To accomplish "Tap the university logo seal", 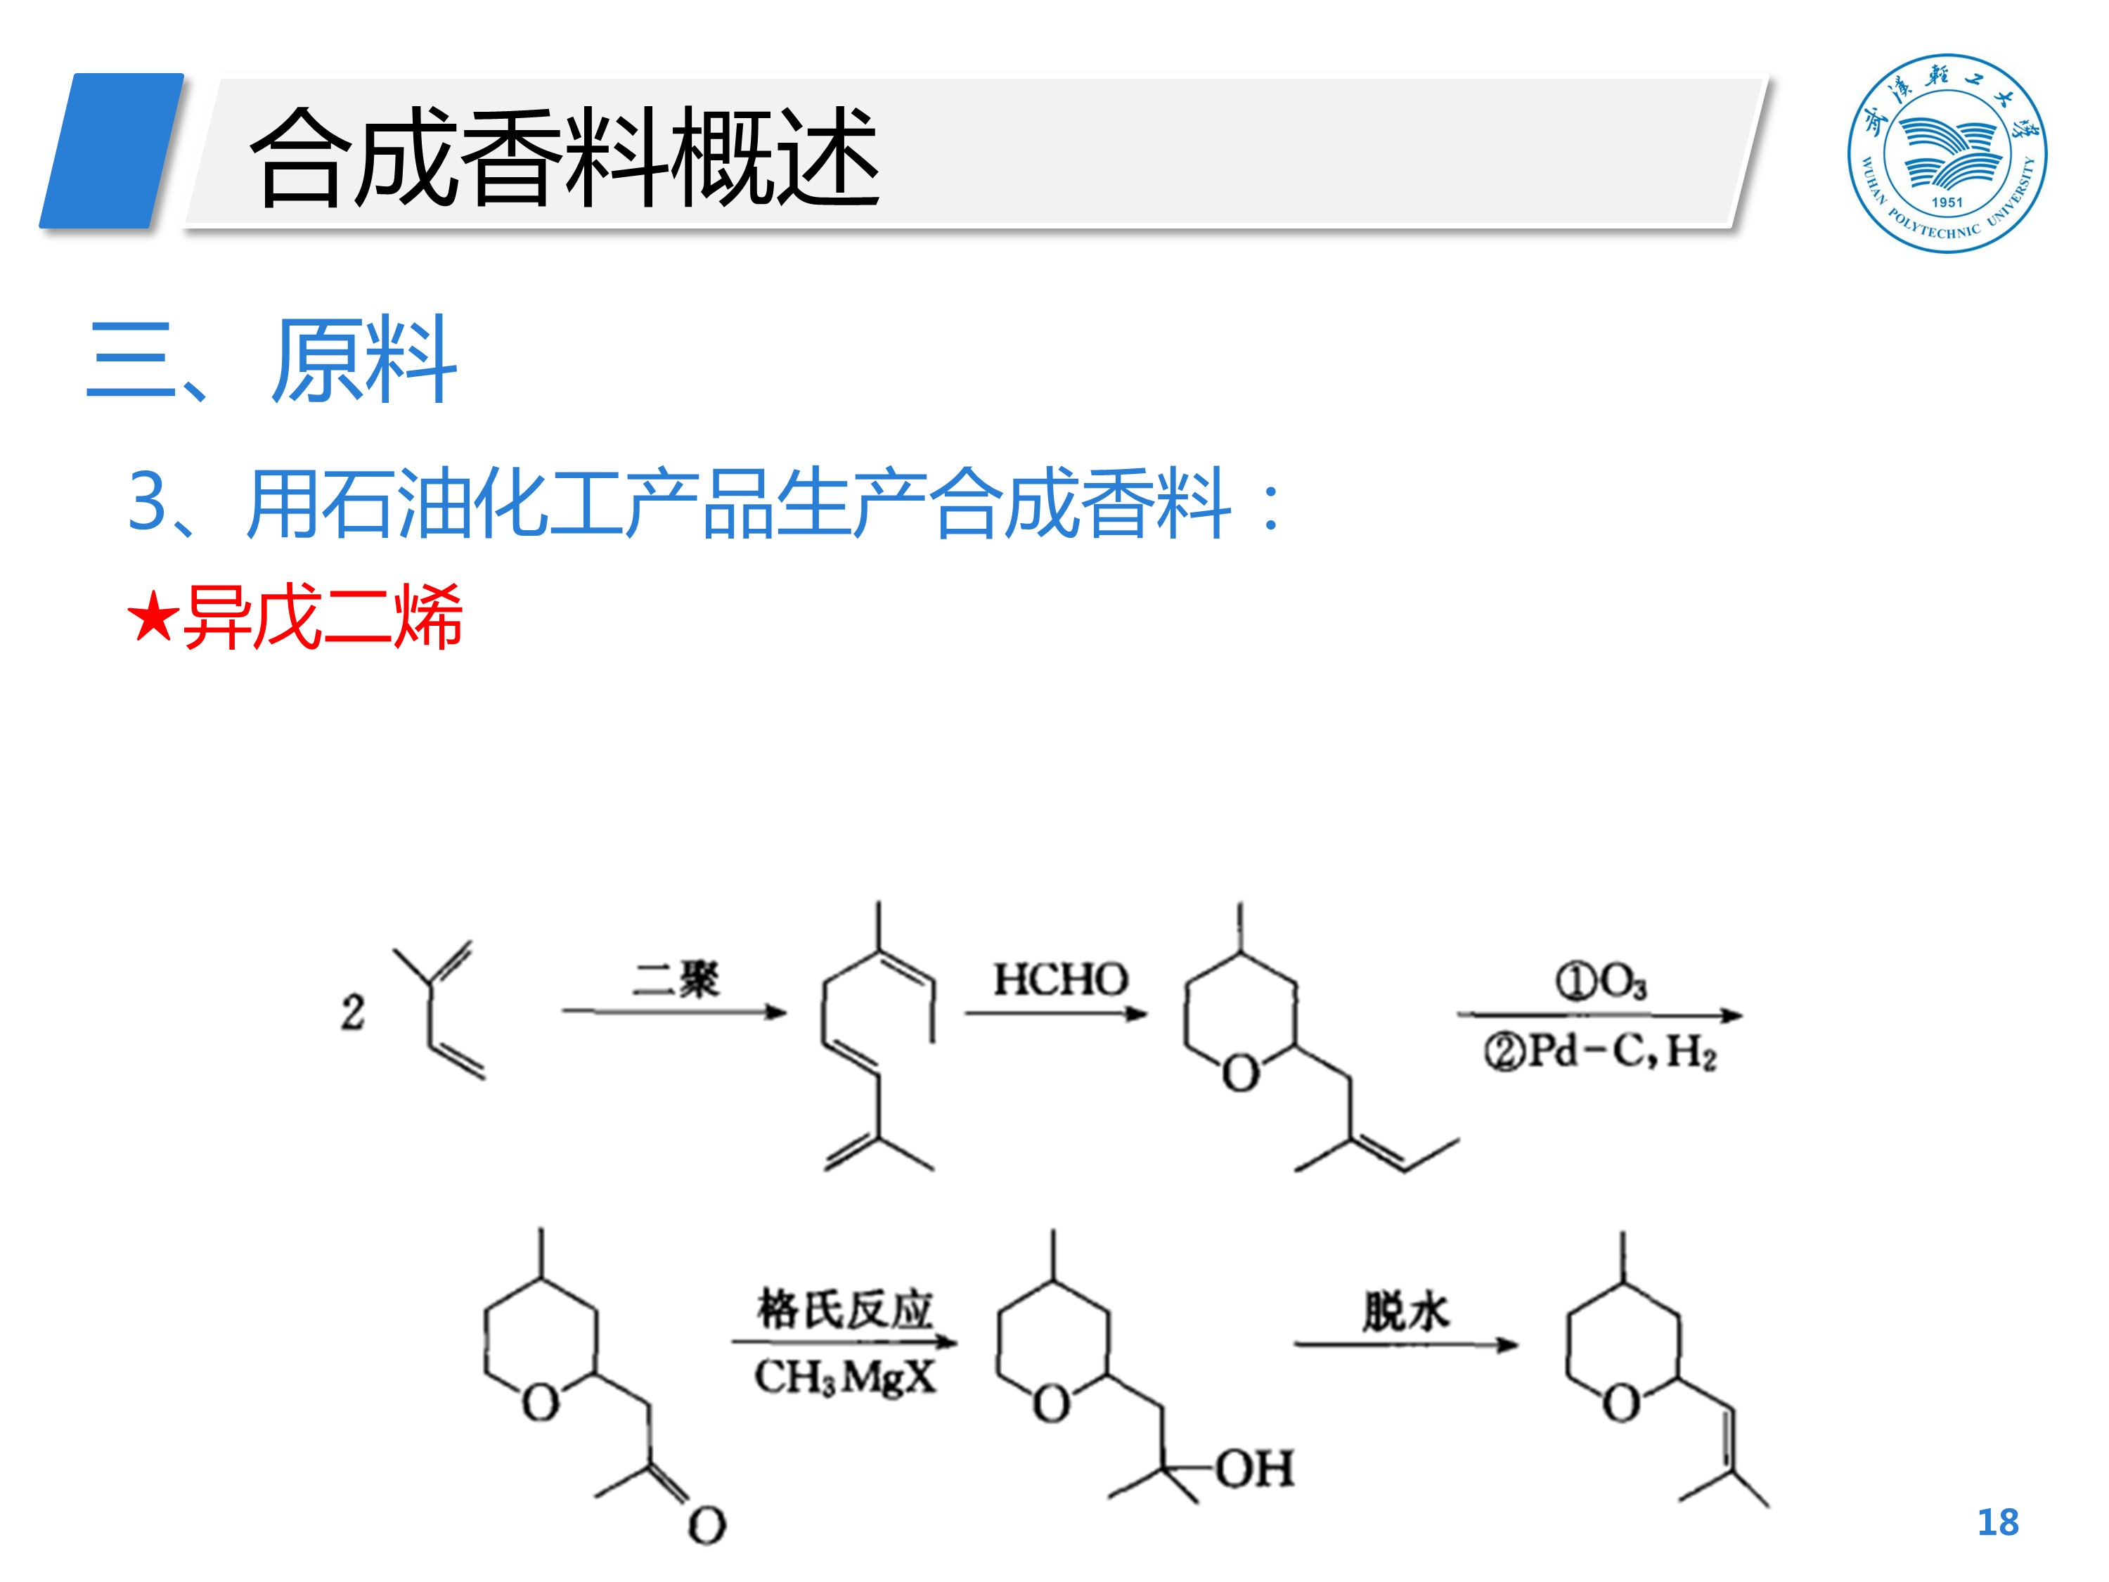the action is [x=1947, y=153].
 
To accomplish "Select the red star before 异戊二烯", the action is [x=153, y=617].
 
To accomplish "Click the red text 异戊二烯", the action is [x=322, y=617].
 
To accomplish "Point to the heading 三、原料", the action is [x=272, y=361].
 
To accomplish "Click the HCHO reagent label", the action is [x=1060, y=979].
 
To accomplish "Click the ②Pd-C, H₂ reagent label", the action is [x=1599, y=1052].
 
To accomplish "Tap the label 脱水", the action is [x=1405, y=1312].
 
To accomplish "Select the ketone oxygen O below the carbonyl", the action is [x=707, y=1526].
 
